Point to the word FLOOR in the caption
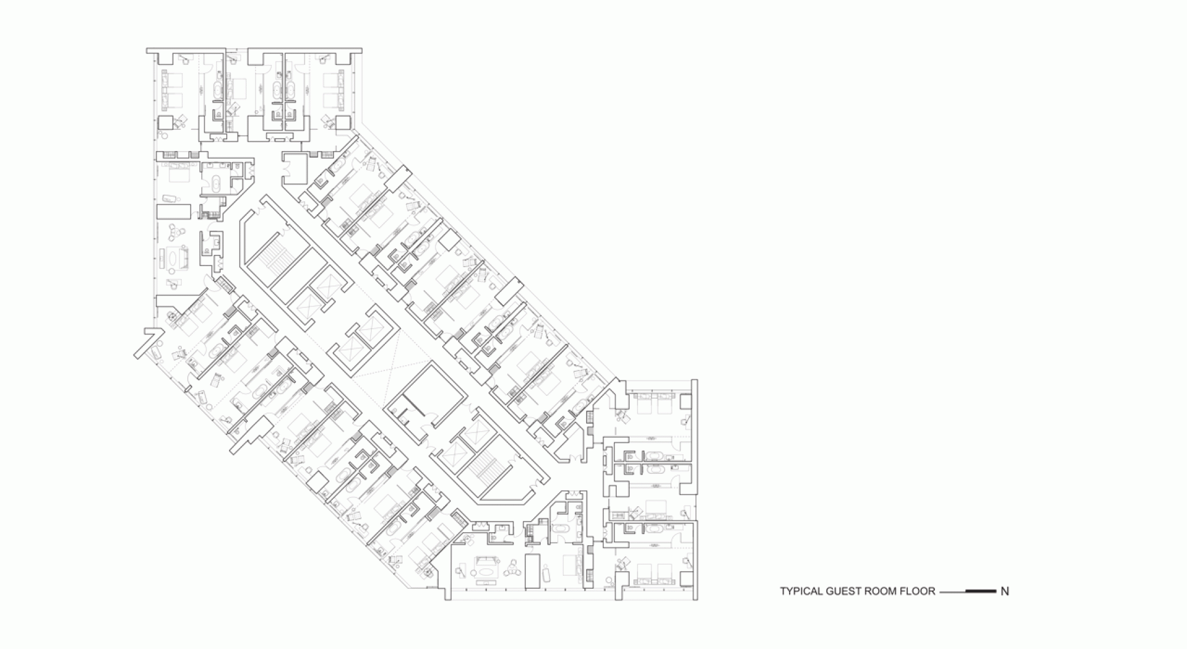pyautogui.click(x=919, y=591)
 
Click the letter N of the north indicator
pyautogui.click(x=1005, y=591)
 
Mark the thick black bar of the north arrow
pyautogui.click(x=980, y=591)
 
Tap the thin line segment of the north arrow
pyautogui.click(x=952, y=591)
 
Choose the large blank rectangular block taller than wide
pyautogui.click(x=532, y=571)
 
